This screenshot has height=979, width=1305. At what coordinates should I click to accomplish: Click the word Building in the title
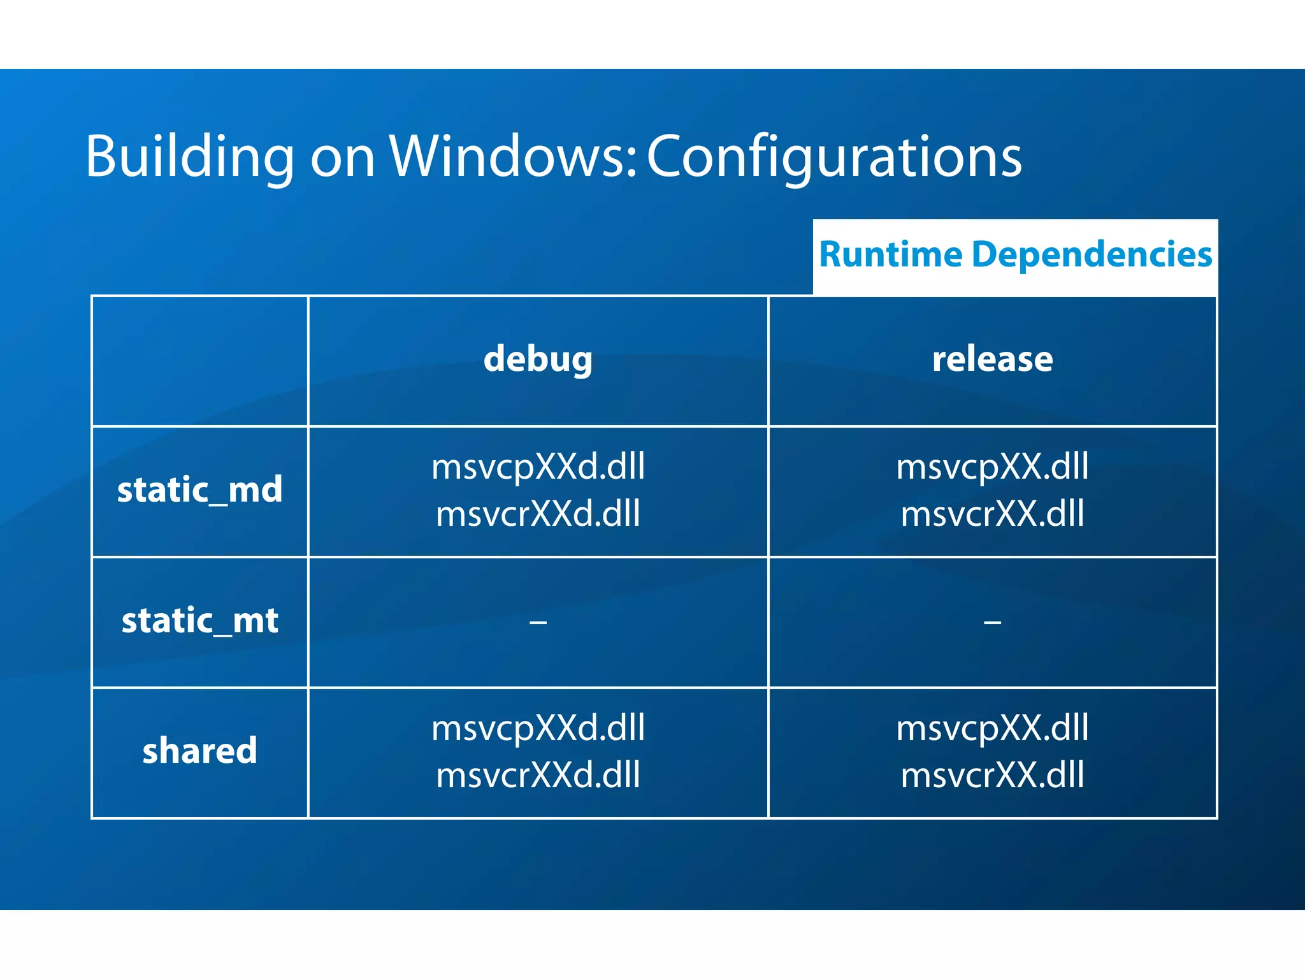190,157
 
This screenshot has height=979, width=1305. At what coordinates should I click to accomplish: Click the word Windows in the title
513,157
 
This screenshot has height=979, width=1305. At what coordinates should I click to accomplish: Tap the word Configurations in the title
834,157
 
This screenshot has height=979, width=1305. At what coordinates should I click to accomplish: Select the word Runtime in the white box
891,255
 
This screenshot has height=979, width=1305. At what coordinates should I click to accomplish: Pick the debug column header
538,359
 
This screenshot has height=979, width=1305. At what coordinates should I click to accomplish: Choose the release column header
992,359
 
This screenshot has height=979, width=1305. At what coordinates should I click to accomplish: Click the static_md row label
199,490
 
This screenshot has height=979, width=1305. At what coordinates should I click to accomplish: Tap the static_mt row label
199,621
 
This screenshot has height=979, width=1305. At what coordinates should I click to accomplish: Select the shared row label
199,751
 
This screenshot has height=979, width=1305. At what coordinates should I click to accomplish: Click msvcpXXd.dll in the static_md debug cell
538,467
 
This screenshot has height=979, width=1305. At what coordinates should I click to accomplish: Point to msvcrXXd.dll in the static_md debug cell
538,514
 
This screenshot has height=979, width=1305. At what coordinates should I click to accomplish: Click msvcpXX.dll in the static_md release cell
992,467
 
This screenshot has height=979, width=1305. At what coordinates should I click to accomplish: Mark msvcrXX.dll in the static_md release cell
992,514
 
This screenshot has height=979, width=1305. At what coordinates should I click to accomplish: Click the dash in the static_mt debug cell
538,621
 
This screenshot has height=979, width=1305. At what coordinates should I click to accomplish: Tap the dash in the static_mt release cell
992,621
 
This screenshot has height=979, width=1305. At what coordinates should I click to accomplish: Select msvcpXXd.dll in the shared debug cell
538,729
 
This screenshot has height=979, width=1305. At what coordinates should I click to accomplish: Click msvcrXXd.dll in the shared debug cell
538,776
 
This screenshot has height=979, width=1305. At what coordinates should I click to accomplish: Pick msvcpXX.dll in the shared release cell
992,729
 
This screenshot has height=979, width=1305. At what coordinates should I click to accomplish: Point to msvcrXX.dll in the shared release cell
992,776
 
